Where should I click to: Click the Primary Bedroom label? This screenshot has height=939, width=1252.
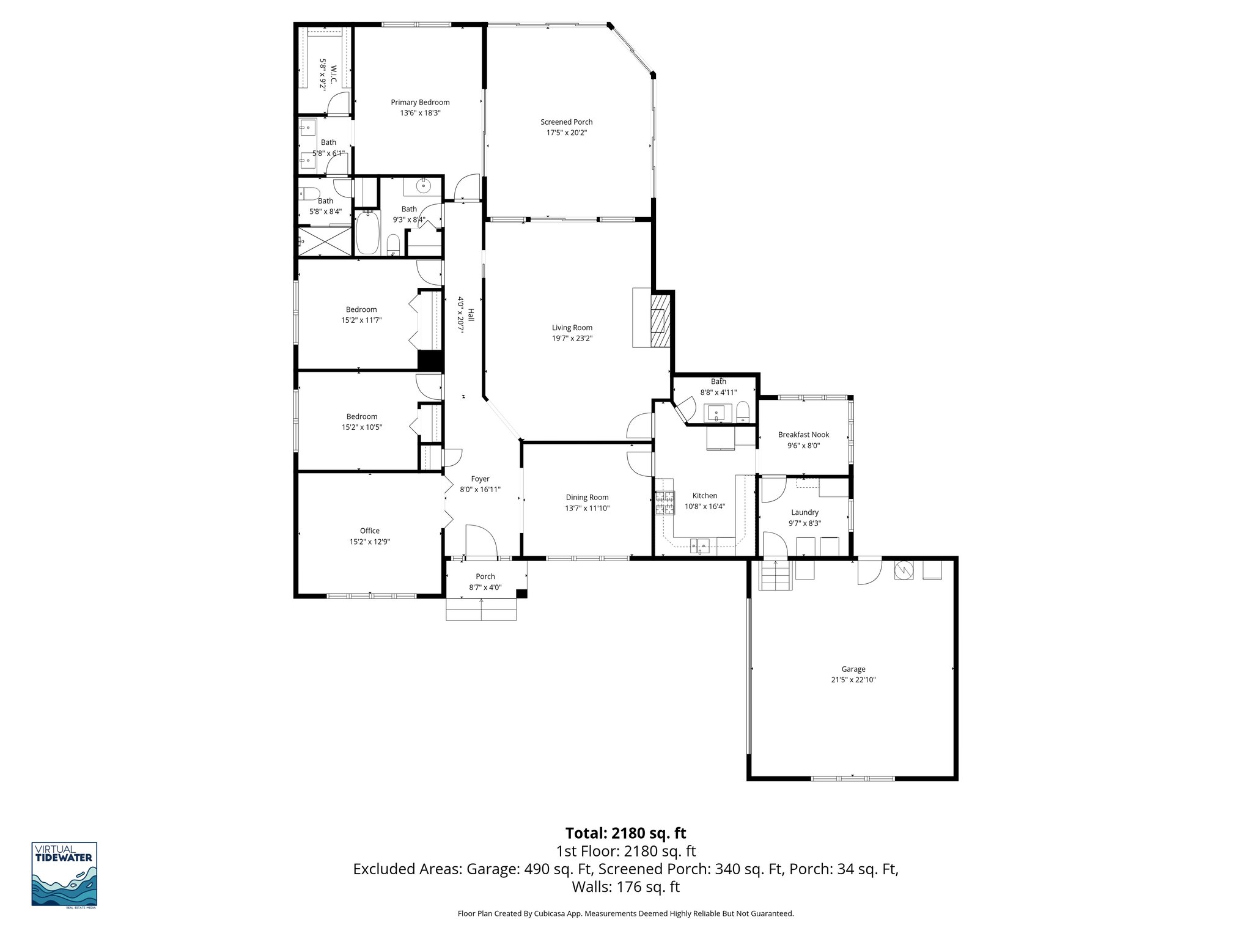[420, 102]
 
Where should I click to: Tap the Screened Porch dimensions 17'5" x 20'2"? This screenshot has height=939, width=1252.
[567, 133]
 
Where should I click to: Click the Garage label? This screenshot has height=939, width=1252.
[853, 669]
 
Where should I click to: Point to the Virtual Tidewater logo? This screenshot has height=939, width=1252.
[64, 874]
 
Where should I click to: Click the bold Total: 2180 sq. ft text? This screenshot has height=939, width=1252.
[625, 833]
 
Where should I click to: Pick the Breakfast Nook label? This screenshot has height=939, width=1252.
[803, 435]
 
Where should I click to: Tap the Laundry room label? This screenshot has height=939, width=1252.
[805, 512]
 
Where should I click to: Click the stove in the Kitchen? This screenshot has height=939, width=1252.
[665, 503]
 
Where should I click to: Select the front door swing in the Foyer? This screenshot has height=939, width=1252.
[481, 541]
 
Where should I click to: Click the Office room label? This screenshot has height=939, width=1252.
[369, 531]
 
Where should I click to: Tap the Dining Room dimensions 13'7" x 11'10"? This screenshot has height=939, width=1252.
[587, 508]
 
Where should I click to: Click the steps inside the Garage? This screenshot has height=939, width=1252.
[775, 575]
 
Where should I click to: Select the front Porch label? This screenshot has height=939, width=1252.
[485, 576]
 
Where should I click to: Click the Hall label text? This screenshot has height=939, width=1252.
[471, 314]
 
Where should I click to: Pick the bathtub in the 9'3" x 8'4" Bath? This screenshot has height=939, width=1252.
[368, 233]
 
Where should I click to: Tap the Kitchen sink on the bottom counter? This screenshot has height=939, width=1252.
[699, 544]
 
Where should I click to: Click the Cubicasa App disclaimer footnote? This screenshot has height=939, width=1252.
[625, 914]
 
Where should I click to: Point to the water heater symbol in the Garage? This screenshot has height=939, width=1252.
[904, 570]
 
